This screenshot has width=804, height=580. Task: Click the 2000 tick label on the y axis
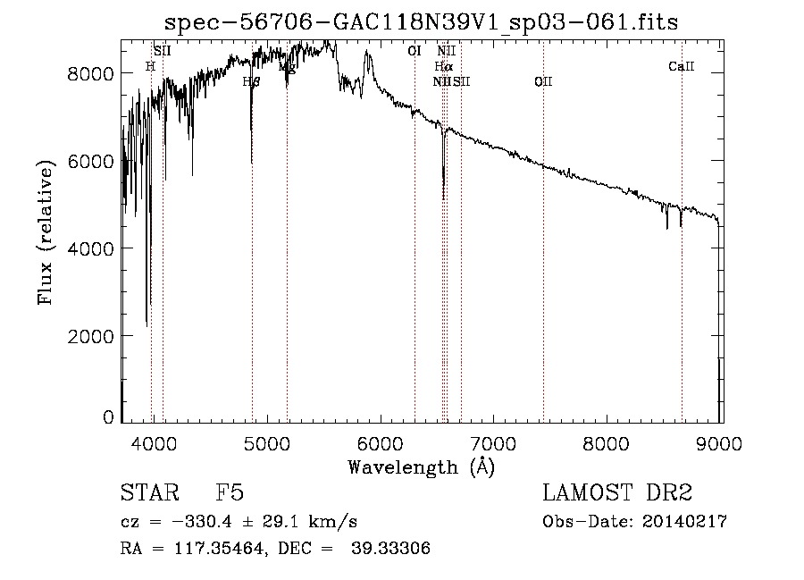tap(93, 335)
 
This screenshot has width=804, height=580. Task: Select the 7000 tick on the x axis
tap(494, 441)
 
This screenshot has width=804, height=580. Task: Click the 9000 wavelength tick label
tap(721, 441)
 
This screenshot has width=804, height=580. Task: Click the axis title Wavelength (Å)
tap(421, 467)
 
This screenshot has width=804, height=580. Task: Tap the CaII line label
tap(681, 66)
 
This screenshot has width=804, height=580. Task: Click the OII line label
tap(543, 82)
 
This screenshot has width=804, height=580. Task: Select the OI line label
tap(415, 51)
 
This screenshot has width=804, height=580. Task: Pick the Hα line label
tap(443, 66)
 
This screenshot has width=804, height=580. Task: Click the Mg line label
tap(287, 67)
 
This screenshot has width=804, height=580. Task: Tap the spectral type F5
tap(230, 494)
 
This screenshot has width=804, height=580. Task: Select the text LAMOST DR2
tap(617, 494)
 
